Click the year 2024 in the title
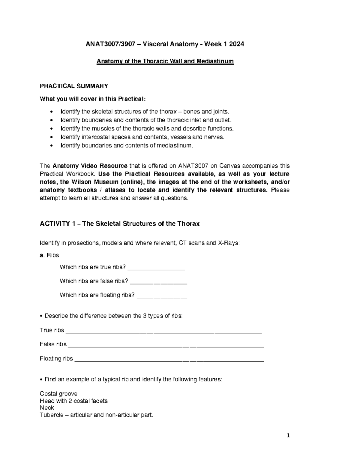pyautogui.click(x=236, y=44)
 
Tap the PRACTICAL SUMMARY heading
pyautogui.click(x=74, y=86)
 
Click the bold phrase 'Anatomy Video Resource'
pyautogui.click(x=90, y=166)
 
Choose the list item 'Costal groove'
pyautogui.click(x=58, y=394)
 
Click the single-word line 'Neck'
pyautogui.click(x=47, y=408)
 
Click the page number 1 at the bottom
pyautogui.click(x=288, y=436)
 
